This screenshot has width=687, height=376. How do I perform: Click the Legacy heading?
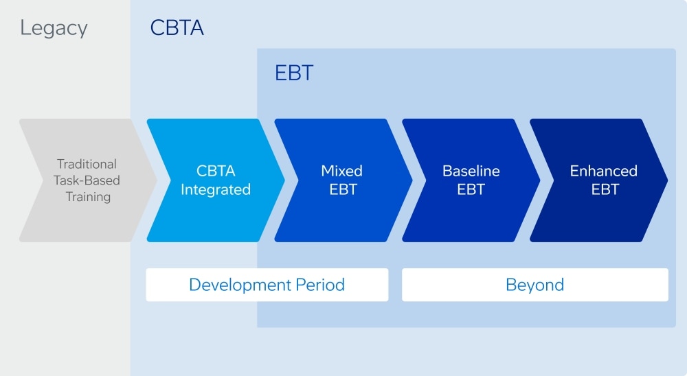click(x=54, y=28)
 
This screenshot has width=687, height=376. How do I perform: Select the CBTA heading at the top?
click(x=177, y=28)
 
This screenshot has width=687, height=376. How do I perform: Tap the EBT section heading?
click(x=294, y=73)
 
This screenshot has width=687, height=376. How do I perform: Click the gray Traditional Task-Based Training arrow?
click(x=87, y=180)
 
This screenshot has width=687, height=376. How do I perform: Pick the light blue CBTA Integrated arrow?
click(x=215, y=180)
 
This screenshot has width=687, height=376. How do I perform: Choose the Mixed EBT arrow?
click(x=342, y=180)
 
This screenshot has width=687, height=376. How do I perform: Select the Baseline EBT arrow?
click(x=470, y=180)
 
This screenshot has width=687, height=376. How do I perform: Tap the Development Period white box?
click(x=267, y=285)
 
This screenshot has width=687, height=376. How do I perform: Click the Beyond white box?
click(x=534, y=285)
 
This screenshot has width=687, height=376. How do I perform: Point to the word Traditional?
click(x=87, y=164)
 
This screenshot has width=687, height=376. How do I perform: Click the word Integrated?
click(x=215, y=189)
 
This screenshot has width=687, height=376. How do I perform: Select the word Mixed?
click(x=342, y=171)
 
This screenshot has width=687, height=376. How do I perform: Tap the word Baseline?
click(x=471, y=171)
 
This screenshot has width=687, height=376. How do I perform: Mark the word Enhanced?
click(x=603, y=171)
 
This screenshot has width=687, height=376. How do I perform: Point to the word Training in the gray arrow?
click(x=88, y=197)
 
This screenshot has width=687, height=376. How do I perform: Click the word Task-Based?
click(x=87, y=180)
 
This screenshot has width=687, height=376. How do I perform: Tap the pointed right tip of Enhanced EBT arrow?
click(x=665, y=180)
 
